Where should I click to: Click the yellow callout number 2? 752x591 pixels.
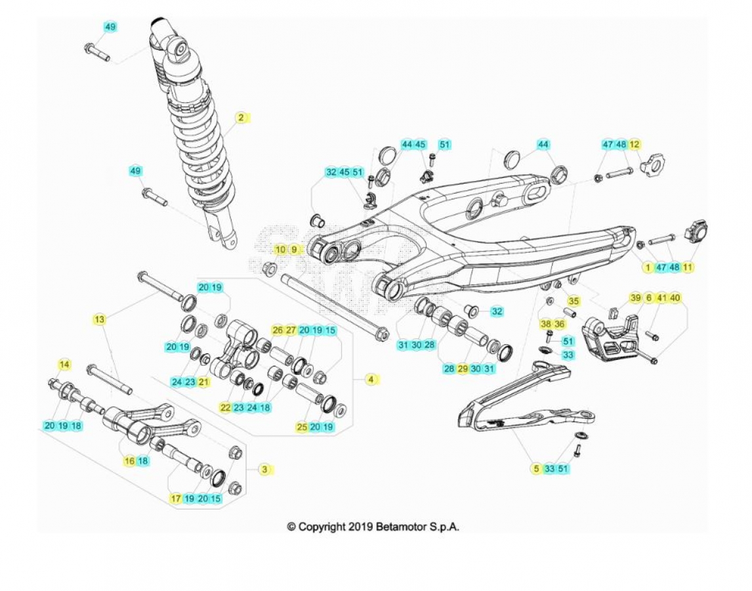241,117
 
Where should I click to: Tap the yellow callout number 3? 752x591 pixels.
264,469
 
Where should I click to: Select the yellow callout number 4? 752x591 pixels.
371,380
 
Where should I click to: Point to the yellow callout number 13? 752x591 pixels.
99,318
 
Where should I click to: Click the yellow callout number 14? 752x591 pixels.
64,364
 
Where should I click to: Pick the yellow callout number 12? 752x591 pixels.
634,144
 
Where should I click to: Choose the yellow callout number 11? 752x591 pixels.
688,267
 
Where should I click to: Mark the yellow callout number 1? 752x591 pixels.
648,267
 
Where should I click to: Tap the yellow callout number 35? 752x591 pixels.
574,301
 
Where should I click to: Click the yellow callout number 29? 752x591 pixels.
463,368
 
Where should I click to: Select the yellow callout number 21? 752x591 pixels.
204,382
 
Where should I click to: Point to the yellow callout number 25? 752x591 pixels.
302,426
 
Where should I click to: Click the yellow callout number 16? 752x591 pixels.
129,461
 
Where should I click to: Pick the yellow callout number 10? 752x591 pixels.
281,249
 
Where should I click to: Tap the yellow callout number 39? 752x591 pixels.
635,297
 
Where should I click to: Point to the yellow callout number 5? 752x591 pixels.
536,469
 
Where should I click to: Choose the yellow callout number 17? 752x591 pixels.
176,498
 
